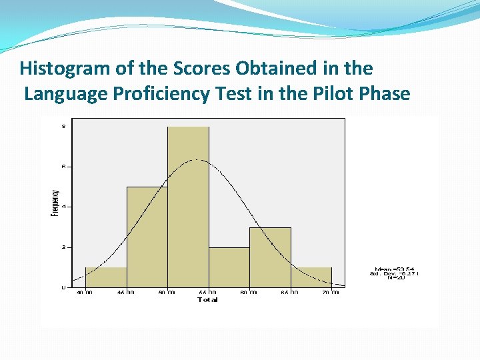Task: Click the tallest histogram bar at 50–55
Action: (x=188, y=207)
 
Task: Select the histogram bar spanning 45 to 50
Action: (x=147, y=237)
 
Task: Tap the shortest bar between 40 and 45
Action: (x=106, y=277)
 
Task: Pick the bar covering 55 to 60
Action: (x=229, y=267)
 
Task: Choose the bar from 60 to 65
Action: (x=270, y=257)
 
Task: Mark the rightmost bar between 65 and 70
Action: (x=311, y=277)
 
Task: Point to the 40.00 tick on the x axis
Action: (x=85, y=293)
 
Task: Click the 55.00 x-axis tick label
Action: (x=208, y=293)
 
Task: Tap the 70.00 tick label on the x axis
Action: (x=331, y=293)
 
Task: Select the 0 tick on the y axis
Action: (x=63, y=287)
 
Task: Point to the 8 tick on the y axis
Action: (x=63, y=125)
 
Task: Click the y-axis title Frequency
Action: (x=55, y=203)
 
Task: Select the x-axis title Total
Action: (x=207, y=300)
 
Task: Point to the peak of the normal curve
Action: (x=195, y=159)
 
